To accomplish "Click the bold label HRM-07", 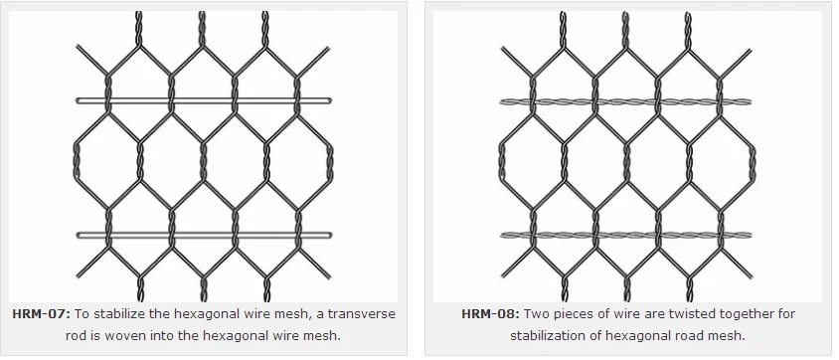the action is click(x=41, y=314).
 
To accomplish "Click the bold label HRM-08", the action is click(x=487, y=314).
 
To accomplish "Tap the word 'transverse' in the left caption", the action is click(x=360, y=314).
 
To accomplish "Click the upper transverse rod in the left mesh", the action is click(x=204, y=100).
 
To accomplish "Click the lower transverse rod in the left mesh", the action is click(x=204, y=236).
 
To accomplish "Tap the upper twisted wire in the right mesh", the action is click(x=625, y=101).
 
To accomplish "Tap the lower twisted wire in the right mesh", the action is click(x=625, y=236).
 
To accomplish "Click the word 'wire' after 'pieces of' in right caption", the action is click(x=625, y=314).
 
